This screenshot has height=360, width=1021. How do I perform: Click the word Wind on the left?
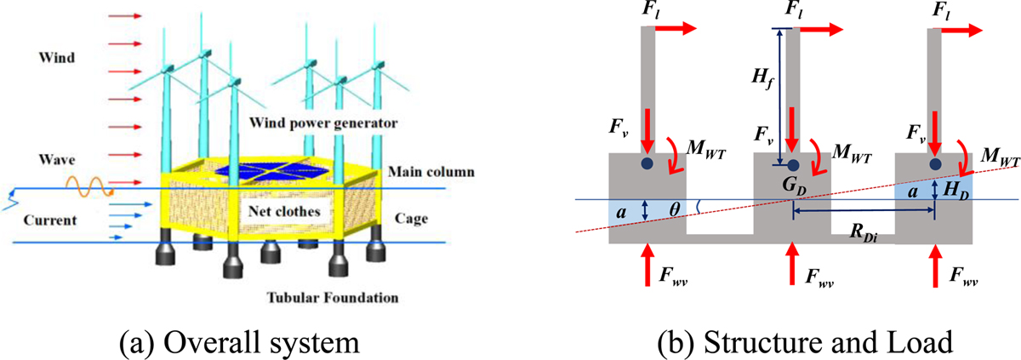pyautogui.click(x=57, y=58)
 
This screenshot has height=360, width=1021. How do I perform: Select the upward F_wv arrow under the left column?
pyautogui.click(x=647, y=259)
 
